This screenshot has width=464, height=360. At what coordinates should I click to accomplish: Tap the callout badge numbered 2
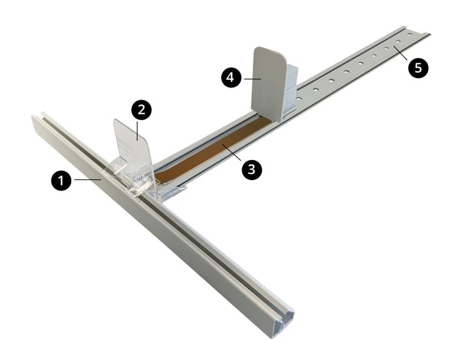tap(141, 110)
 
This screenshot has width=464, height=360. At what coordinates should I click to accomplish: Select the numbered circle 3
tap(251, 170)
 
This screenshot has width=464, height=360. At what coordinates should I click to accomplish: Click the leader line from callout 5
tap(401, 55)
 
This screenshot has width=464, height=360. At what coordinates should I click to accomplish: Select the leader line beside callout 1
tap(88, 179)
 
